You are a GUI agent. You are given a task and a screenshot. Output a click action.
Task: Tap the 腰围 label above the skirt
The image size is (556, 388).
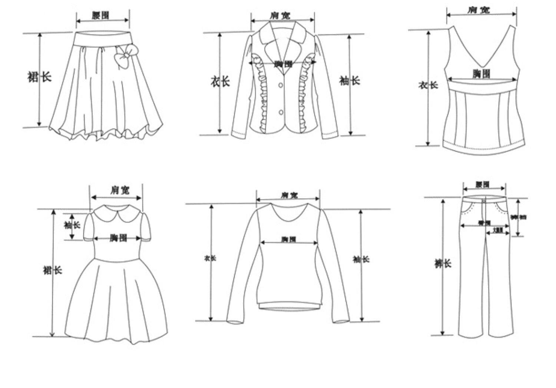tap(100, 15)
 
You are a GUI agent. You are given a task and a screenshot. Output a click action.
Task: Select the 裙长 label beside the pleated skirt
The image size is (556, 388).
tap(39, 77)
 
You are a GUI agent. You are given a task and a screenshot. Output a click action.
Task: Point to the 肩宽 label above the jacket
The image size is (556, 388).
tap(280, 15)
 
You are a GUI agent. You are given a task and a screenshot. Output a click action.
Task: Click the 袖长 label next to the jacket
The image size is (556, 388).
tap(349, 81)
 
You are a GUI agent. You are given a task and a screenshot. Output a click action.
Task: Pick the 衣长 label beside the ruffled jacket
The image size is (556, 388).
tap(220, 81)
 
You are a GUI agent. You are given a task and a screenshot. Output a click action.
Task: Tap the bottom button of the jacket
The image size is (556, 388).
tap(281, 112)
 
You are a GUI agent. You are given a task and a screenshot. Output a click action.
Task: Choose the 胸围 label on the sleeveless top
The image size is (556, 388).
tap(481, 74)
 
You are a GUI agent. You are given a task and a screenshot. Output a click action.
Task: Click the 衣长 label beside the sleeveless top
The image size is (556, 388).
tap(428, 85)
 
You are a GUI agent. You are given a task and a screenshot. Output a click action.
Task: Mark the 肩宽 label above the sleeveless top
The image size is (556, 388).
tap(478, 10)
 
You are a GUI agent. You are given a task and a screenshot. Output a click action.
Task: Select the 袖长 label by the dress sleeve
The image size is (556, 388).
tap(72, 225)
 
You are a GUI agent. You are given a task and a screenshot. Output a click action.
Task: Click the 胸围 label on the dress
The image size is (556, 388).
tap(118, 238)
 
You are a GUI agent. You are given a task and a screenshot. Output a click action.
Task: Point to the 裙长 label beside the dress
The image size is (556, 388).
tap(52, 270)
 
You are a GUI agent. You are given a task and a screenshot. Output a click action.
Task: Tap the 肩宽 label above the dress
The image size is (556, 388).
tap(120, 190)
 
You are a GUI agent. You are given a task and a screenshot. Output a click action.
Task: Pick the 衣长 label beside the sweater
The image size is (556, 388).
tap(210, 258)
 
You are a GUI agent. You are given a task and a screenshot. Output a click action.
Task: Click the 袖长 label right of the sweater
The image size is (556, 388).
tap(361, 259)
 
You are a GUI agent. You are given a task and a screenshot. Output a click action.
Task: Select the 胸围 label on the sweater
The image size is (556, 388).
tap(288, 239)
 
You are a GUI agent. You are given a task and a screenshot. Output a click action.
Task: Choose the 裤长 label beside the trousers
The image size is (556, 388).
tap(443, 264)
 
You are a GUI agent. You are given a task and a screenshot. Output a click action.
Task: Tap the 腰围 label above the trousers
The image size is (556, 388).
tap(482, 185)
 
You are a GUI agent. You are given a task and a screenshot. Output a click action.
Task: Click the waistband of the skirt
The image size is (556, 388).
tap(103, 38)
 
